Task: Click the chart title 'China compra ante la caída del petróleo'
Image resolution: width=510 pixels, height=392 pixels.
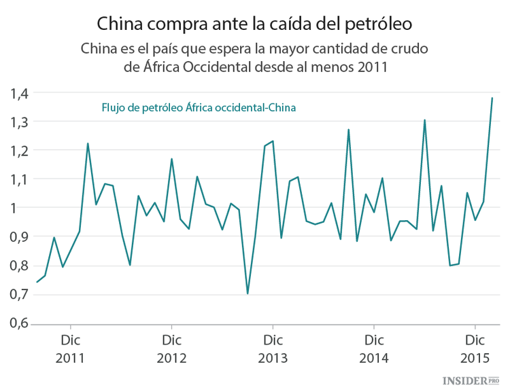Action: [x=254, y=24]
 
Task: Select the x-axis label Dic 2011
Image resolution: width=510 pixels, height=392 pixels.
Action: [x=71, y=348]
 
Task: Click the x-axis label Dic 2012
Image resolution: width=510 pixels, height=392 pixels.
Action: [x=171, y=348]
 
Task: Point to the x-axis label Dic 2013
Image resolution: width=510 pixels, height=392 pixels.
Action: [x=273, y=348]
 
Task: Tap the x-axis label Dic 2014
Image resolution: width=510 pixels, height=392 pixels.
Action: [x=373, y=348]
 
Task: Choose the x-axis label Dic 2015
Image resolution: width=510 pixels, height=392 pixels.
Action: [x=474, y=348]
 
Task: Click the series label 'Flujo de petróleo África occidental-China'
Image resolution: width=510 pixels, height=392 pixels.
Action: [x=199, y=107]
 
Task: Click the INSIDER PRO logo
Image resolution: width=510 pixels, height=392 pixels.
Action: [x=471, y=382]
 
